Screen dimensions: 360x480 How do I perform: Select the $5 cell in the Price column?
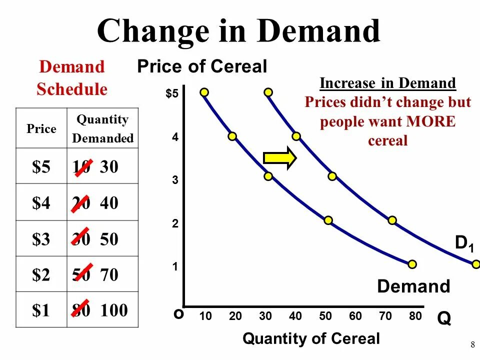pyautogui.click(x=41, y=167)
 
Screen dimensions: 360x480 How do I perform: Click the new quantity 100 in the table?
pyautogui.click(x=114, y=310)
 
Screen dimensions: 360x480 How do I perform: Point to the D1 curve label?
pyautogui.click(x=464, y=243)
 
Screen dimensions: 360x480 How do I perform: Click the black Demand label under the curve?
pyautogui.click(x=413, y=286)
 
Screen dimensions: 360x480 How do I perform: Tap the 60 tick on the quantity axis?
pyautogui.click(x=355, y=316)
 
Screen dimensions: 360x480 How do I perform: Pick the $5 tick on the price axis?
pyautogui.click(x=172, y=94)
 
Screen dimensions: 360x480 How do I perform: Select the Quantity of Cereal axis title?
pyautogui.click(x=311, y=338)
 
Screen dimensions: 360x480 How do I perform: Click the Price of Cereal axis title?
pyautogui.click(x=202, y=66)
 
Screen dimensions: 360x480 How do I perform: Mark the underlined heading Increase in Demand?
pyautogui.click(x=387, y=83)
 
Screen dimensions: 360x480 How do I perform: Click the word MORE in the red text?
pyautogui.click(x=431, y=122)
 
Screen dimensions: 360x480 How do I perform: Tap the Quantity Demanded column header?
pyautogui.click(x=102, y=128)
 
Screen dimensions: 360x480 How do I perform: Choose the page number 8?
pyautogui.click(x=472, y=344)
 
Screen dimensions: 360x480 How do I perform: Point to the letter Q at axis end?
pyautogui.click(x=444, y=318)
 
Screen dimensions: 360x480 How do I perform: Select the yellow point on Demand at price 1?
pyautogui.click(x=412, y=264)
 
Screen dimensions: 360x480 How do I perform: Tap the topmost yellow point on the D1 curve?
pyautogui.click(x=268, y=92)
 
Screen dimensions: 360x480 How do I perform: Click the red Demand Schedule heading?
pyautogui.click(x=71, y=78)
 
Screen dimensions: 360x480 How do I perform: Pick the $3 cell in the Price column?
pyautogui.click(x=41, y=239)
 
